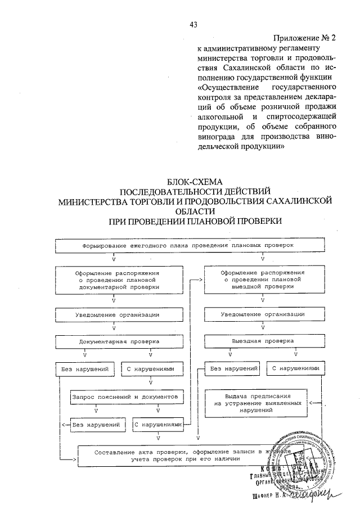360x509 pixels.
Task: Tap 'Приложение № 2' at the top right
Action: [x=304, y=38]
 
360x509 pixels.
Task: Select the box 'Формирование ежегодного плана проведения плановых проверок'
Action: [x=188, y=246]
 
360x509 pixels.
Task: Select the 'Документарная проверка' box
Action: [x=114, y=341]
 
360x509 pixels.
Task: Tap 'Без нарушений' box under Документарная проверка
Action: [x=85, y=369]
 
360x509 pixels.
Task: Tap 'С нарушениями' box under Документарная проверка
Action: [x=152, y=369]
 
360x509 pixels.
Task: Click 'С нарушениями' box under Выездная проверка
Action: [x=295, y=369]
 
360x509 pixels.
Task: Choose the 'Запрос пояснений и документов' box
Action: [x=127, y=397]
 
